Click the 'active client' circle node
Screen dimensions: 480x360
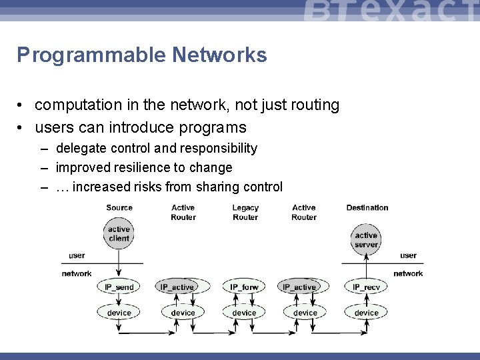point(119,234)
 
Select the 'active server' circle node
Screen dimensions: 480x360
point(366,240)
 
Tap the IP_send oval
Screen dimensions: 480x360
point(119,287)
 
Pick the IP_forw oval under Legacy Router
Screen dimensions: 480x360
point(244,287)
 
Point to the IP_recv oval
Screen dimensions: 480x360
point(366,287)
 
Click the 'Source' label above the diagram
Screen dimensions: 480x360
point(119,208)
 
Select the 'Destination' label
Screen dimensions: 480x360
point(367,208)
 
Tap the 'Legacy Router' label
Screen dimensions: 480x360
point(245,213)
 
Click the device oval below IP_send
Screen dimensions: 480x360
point(119,313)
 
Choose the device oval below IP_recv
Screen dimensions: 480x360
point(366,313)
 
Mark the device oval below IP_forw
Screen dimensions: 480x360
point(244,313)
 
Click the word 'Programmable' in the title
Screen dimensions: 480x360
point(91,55)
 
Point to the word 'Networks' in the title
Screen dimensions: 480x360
point(219,55)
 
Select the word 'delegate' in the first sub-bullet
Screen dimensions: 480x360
point(83,148)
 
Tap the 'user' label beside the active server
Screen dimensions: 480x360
point(408,255)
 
